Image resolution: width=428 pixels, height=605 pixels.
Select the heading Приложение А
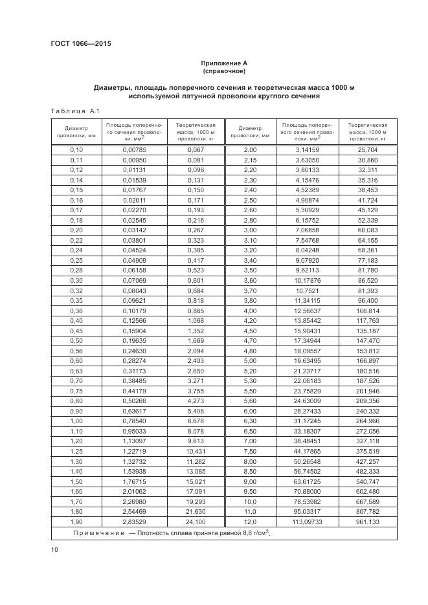point(224,63)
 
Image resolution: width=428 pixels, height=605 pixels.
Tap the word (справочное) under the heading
point(224,71)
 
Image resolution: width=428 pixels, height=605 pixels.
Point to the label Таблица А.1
point(74,111)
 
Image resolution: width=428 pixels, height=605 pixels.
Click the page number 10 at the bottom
point(54,550)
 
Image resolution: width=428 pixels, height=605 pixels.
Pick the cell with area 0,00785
point(135,149)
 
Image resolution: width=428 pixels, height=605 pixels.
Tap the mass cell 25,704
point(367,149)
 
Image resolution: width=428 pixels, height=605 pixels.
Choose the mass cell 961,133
point(367,521)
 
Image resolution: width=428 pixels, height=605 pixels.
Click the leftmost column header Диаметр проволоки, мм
point(77,132)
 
